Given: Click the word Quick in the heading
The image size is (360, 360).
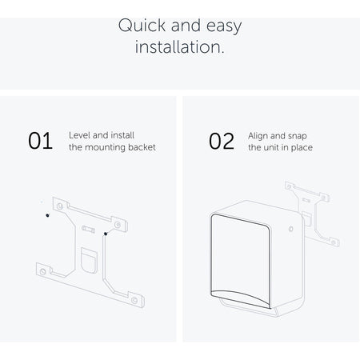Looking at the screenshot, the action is (142, 26).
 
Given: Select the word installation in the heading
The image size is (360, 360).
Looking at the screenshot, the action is (178, 46).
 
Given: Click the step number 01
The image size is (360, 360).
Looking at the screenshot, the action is (40, 141).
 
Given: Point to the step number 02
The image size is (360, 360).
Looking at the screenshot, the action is (222, 141).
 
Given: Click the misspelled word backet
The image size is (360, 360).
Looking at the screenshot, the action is (142, 147).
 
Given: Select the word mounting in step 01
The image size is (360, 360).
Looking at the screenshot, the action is (105, 147).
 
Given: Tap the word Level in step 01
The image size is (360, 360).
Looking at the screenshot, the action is (79, 135).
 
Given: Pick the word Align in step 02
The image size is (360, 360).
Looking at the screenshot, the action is (258, 136).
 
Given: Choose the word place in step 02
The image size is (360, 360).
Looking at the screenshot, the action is (302, 148).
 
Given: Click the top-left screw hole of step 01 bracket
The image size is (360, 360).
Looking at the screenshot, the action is (60, 206).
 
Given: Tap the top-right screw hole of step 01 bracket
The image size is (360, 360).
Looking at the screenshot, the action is (118, 225).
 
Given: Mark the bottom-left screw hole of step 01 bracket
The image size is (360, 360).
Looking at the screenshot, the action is (42, 272).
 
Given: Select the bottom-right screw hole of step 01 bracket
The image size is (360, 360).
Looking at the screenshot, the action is (134, 301).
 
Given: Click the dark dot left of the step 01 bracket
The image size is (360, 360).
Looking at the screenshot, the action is (47, 215).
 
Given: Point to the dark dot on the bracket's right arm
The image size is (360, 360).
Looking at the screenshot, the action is (106, 234).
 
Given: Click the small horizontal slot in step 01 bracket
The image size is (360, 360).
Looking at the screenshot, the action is (88, 229).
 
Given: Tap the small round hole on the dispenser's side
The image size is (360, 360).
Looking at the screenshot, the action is (291, 229).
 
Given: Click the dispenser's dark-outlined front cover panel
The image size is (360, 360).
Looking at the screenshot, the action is (241, 262).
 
